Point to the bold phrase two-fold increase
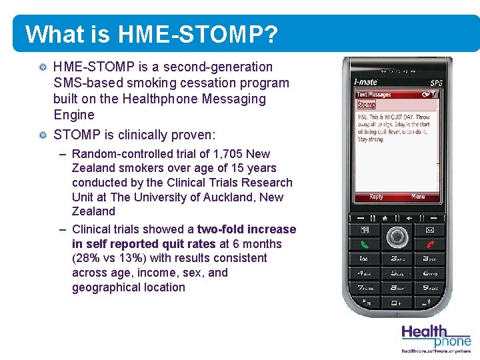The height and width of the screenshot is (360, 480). click(246, 229)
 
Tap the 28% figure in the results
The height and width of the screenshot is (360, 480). click(84, 258)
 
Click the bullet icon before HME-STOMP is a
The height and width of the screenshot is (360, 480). click(43, 67)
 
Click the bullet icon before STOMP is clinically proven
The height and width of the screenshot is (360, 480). click(43, 135)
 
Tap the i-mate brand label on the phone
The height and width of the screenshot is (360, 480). click(365, 81)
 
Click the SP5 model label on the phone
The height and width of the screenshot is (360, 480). click(436, 83)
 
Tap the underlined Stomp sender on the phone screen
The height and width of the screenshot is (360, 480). click(366, 105)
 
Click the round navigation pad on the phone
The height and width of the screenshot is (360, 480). click(397, 236)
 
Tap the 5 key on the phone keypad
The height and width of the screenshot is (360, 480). click(397, 273)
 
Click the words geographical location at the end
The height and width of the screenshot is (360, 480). click(129, 287)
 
